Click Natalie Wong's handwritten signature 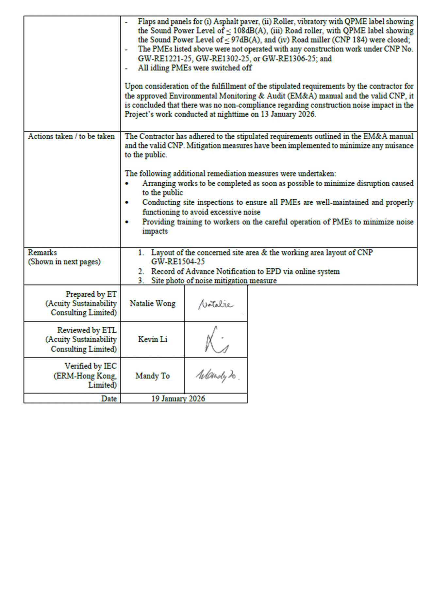pos(215,304)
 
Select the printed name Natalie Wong pos(153,303)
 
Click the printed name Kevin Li pos(153,339)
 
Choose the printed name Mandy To pos(153,376)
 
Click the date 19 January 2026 pos(178,398)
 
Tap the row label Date pos(109,398)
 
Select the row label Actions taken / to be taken pos(71,136)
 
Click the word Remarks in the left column pos(42,253)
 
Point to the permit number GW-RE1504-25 pos(178,262)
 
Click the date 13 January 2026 pos(288,114)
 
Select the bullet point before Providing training pos(127,222)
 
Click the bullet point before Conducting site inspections pos(127,203)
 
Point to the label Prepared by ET pos(91,294)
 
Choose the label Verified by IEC pos(91,366)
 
